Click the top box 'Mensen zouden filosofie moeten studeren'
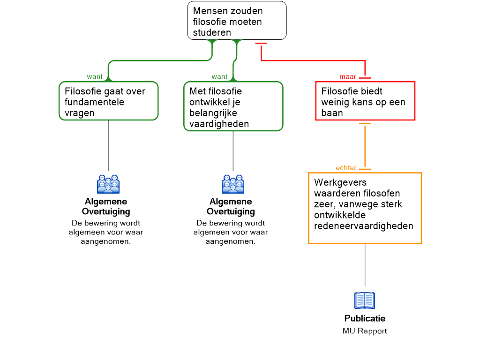tap(237, 21)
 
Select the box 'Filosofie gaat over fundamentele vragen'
tap(108, 101)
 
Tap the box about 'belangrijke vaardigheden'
tap(233, 106)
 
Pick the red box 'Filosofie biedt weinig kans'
tap(365, 101)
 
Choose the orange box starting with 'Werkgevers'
tap(365, 208)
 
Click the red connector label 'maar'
tap(348, 77)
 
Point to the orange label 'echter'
tap(346, 168)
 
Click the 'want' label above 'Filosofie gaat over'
tap(95, 77)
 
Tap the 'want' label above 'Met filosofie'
tap(219, 77)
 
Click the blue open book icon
tap(365, 300)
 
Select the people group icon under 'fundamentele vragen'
tap(108, 184)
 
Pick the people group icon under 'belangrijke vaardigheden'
tap(233, 184)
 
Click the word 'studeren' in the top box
tap(212, 33)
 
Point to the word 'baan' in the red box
tap(332, 113)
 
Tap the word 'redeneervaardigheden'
tap(364, 226)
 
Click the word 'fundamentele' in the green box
tap(95, 102)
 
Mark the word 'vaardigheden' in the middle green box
tap(219, 124)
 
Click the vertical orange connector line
tap(365, 145)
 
